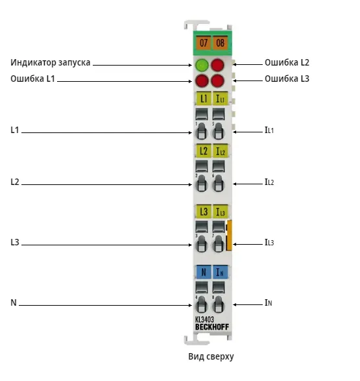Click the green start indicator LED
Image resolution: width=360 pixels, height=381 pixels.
point(202,65)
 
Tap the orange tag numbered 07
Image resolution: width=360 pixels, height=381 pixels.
point(204,43)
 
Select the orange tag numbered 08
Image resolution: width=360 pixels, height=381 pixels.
point(220,43)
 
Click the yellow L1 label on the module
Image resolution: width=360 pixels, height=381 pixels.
point(204,99)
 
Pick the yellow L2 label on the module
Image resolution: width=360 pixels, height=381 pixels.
point(204,151)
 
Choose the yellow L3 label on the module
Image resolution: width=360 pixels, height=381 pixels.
point(204,212)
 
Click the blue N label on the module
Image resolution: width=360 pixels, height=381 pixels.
point(204,272)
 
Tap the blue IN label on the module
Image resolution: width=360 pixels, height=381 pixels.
point(220,272)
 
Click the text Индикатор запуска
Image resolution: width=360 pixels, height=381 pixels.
point(50,63)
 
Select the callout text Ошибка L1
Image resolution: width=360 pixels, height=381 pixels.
point(32,79)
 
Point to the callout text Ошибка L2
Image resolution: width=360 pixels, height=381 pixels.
point(287,62)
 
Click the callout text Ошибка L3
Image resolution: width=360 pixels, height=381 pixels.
point(287,79)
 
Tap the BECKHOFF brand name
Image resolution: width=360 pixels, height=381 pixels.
point(212,327)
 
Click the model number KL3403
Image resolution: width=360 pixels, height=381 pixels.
point(204,320)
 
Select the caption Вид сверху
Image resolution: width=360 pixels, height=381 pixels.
point(211,356)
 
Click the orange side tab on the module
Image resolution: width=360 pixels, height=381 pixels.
point(229,235)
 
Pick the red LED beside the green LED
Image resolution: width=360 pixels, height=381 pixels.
point(217,65)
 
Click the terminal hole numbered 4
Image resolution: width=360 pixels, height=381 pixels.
point(201,304)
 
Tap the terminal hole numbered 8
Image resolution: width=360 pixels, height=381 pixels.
point(218,304)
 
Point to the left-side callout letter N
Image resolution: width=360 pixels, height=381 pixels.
point(14,302)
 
